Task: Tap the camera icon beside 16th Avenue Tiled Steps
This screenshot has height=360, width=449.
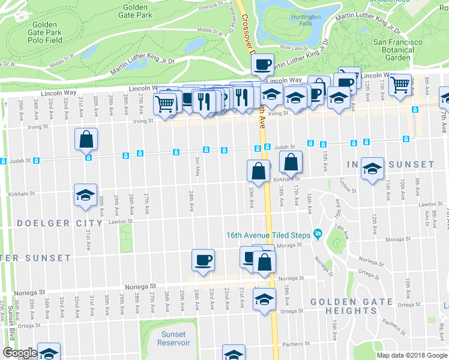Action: point(318,234)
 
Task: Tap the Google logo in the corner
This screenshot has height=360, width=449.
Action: point(19,353)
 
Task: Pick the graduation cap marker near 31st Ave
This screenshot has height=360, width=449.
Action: point(85,195)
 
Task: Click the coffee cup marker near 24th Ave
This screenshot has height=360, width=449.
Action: point(203,260)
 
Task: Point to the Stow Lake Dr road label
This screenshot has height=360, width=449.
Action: point(294,48)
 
